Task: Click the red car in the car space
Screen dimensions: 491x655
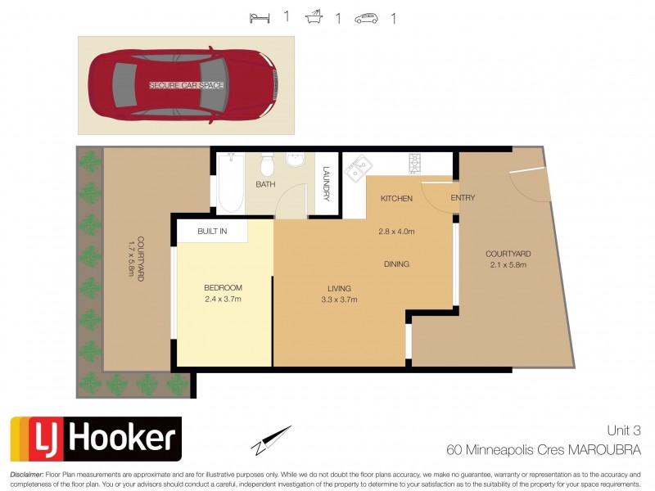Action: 185,85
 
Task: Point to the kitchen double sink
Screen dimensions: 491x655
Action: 356,169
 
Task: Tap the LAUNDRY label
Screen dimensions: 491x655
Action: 326,184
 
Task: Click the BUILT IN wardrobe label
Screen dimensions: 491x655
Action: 211,232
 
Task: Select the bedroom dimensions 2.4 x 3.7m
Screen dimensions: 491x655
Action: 224,299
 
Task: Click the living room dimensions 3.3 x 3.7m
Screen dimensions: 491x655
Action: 338,300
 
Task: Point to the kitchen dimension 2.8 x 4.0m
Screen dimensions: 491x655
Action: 396,232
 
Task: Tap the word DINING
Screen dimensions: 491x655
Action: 396,264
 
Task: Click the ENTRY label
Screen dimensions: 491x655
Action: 463,198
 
